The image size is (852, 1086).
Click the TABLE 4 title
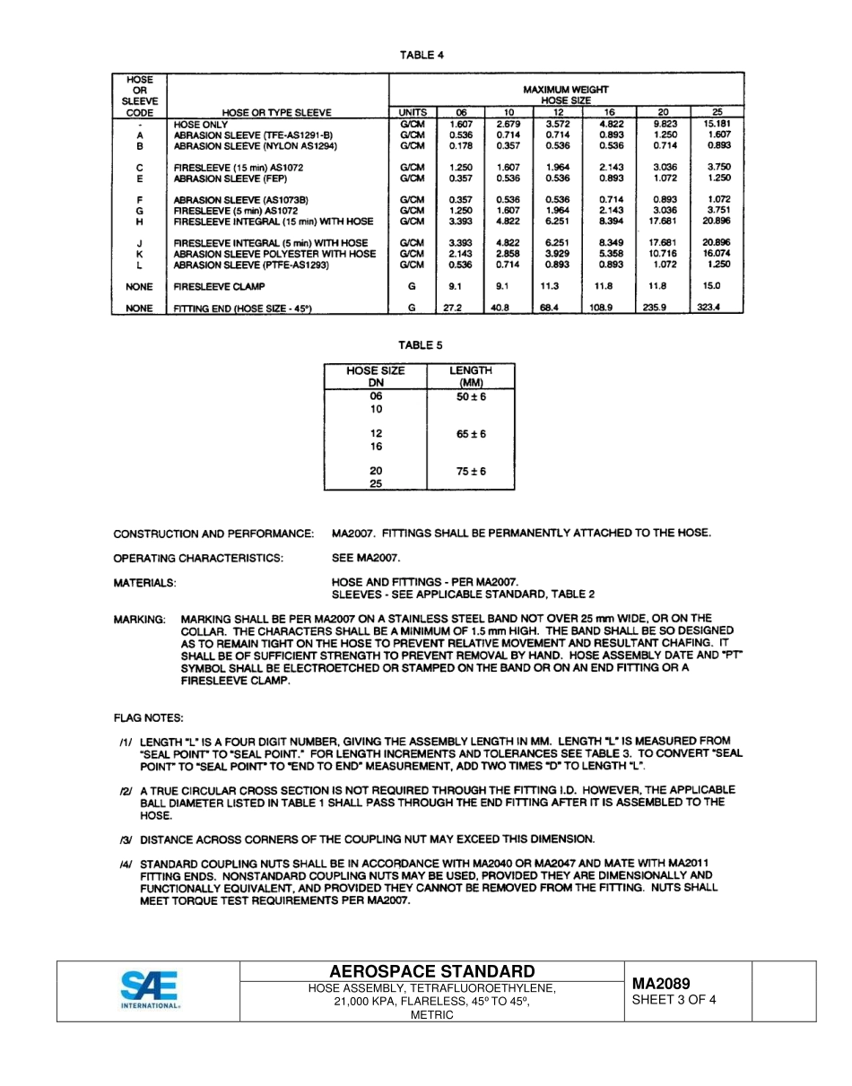[422, 56]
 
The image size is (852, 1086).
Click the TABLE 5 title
[421, 345]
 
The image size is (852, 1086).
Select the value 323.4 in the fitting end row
[709, 308]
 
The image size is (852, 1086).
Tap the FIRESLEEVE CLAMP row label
[214, 287]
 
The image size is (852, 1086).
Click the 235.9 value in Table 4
[665, 308]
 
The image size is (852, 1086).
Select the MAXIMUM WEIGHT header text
[566, 90]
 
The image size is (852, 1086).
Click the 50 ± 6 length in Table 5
[470, 396]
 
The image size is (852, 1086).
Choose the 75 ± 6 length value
[470, 472]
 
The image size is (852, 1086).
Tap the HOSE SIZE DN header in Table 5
[376, 376]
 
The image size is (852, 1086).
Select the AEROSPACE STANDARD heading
[432, 972]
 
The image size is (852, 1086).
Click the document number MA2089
[661, 984]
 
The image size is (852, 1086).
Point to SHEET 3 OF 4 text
[674, 1000]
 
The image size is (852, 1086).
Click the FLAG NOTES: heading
[148, 718]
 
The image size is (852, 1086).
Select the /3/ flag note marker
[126, 839]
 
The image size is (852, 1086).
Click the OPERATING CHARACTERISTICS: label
[198, 558]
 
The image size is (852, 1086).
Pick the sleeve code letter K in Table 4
[139, 254]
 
